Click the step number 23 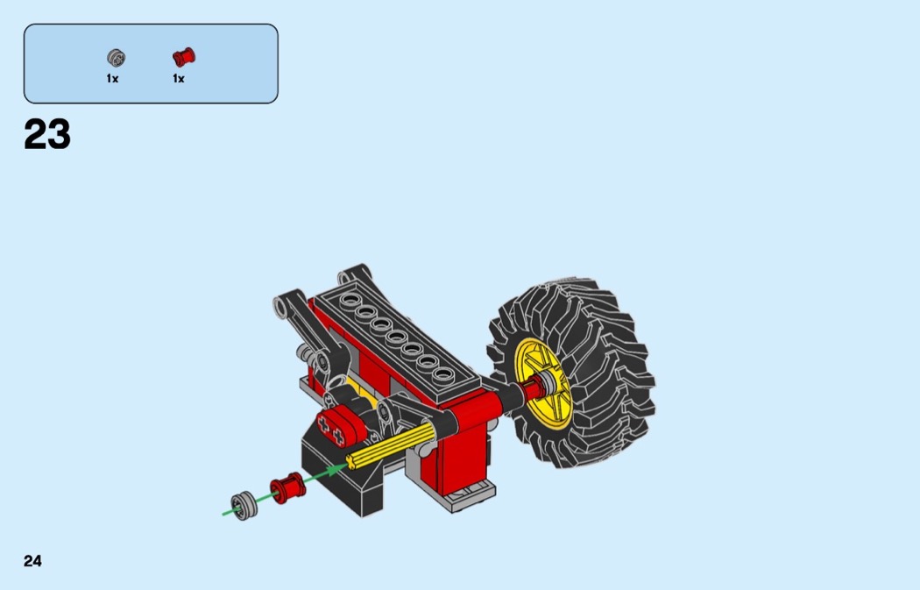[x=47, y=134]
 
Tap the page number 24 [x=33, y=561]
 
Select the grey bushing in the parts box [x=117, y=58]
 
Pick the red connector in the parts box [x=184, y=57]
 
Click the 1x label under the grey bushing [x=113, y=79]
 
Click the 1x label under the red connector [x=179, y=79]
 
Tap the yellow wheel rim [x=542, y=381]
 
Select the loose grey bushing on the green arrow [x=244, y=506]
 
